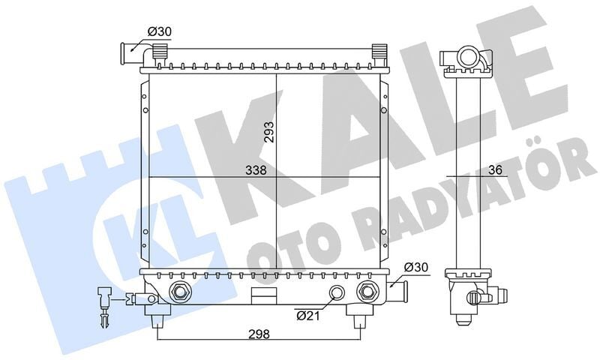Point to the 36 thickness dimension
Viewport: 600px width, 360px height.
click(x=493, y=170)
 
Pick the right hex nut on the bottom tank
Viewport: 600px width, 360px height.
click(x=367, y=292)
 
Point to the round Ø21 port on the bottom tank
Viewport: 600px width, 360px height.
click(x=338, y=292)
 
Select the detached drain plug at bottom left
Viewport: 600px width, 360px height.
click(x=103, y=304)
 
